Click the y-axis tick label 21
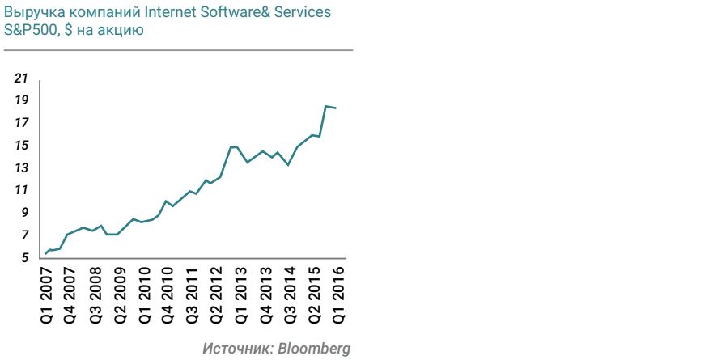21,78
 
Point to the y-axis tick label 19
21,100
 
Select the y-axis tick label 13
21,168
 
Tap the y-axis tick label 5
24,258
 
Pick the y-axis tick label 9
24,213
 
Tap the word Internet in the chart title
151,15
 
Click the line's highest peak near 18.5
325,106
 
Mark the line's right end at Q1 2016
336,108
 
